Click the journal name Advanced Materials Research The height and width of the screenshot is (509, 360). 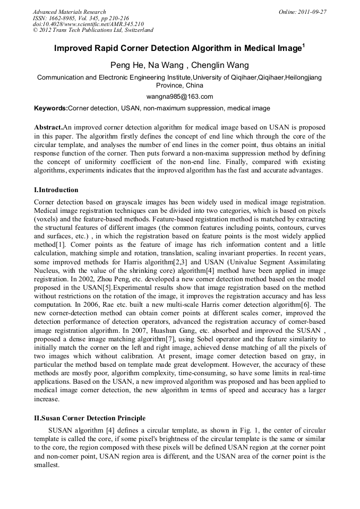[x=69, y=12]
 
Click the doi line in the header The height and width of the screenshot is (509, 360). [x=88, y=24]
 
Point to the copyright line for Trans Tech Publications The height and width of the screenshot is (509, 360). [x=93, y=30]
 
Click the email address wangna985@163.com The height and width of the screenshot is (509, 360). [x=179, y=97]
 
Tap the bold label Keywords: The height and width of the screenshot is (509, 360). [x=51, y=108]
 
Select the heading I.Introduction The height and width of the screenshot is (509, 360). [x=56, y=190]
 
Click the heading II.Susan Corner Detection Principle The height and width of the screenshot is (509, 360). [x=89, y=418]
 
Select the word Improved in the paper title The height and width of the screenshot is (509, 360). [x=74, y=48]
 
